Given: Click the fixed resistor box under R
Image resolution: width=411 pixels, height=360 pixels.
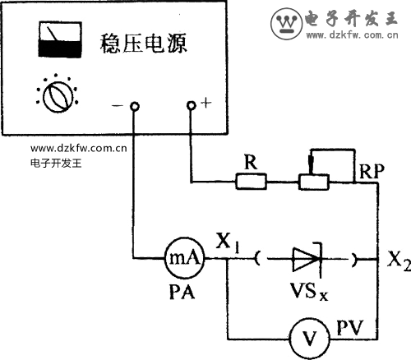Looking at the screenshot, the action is pos(251,182).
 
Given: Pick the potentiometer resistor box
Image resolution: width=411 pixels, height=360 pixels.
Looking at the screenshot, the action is pos(313,182).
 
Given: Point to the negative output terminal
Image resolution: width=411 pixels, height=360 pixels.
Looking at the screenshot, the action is pos(134,106).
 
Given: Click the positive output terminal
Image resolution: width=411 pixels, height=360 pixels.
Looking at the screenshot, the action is pos(192,105).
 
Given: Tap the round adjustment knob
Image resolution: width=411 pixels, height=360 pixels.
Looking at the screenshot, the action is pos(58,97).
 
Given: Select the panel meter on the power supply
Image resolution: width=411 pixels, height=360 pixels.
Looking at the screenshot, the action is pos(60,39).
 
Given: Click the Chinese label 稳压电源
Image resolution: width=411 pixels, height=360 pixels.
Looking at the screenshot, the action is pos(143,44).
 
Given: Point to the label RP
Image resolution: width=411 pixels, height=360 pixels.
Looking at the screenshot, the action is pos(372,172).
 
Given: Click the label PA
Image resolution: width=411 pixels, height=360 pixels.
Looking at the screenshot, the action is pos(182,291).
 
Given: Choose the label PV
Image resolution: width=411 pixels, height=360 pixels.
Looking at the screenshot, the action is pos(350,327).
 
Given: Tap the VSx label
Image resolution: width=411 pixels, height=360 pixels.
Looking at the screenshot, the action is pos(309,292).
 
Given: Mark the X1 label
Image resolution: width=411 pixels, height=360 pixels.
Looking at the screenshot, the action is pos(228,242).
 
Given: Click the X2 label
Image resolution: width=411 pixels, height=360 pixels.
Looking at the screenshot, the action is pos(399,261).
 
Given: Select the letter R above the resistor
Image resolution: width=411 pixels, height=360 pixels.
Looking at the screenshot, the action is pos(251,162).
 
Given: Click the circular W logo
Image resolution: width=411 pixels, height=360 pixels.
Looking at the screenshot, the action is pos(287,23).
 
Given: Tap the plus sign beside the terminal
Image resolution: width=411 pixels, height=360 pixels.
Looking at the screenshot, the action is pos(206,103).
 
